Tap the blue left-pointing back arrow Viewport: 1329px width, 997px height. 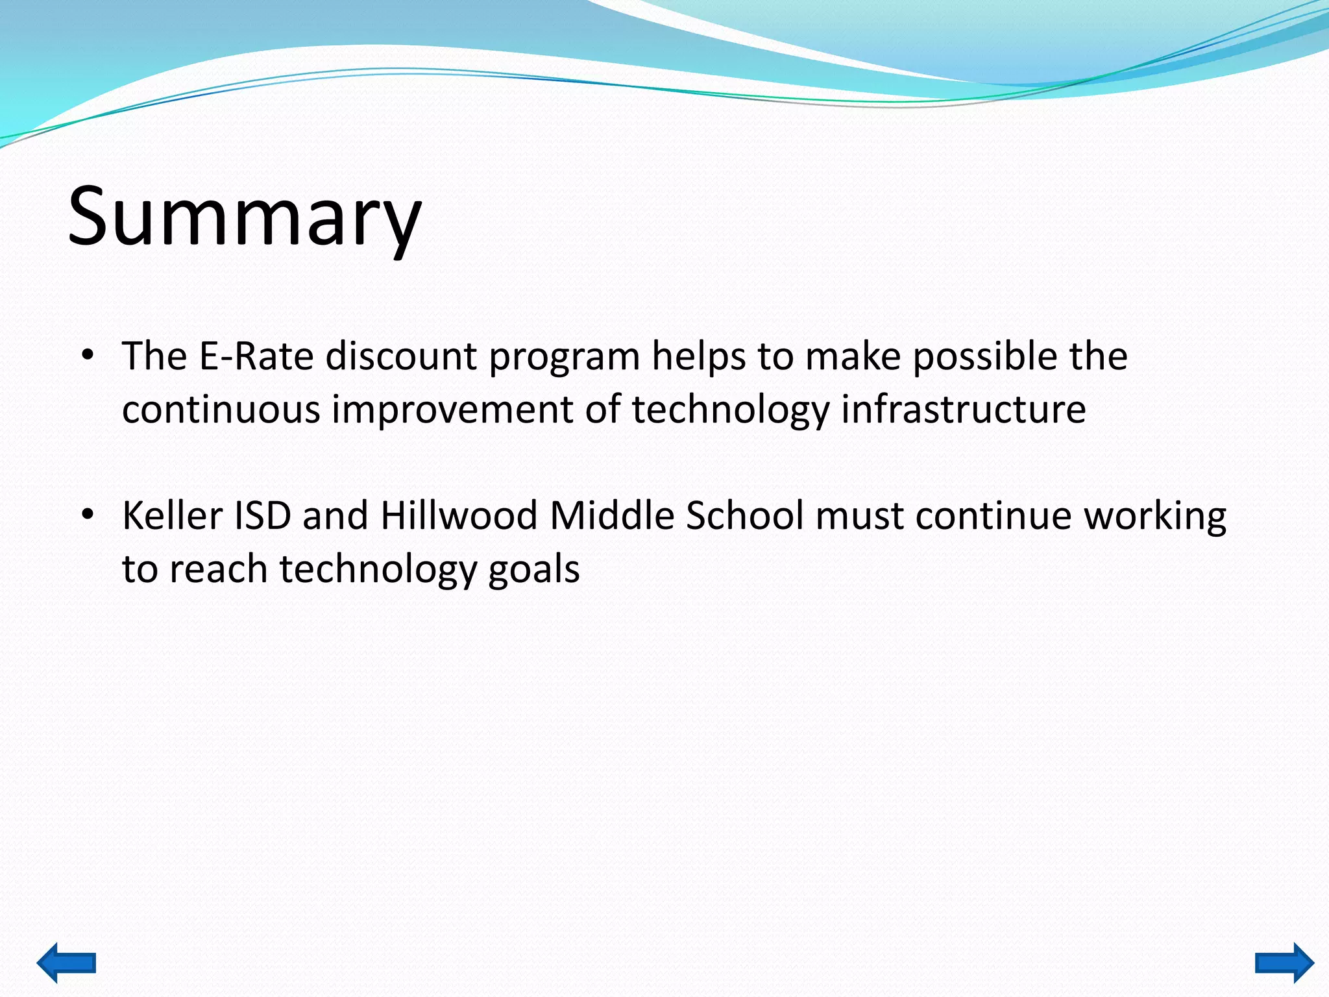point(66,962)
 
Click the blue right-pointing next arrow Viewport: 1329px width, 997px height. point(1284,962)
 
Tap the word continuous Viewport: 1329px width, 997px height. point(221,410)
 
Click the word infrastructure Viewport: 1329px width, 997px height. point(964,410)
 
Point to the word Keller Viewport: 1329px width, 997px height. point(173,516)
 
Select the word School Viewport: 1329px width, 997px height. point(745,516)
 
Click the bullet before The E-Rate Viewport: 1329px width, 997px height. point(88,356)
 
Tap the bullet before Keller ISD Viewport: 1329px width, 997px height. point(88,515)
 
